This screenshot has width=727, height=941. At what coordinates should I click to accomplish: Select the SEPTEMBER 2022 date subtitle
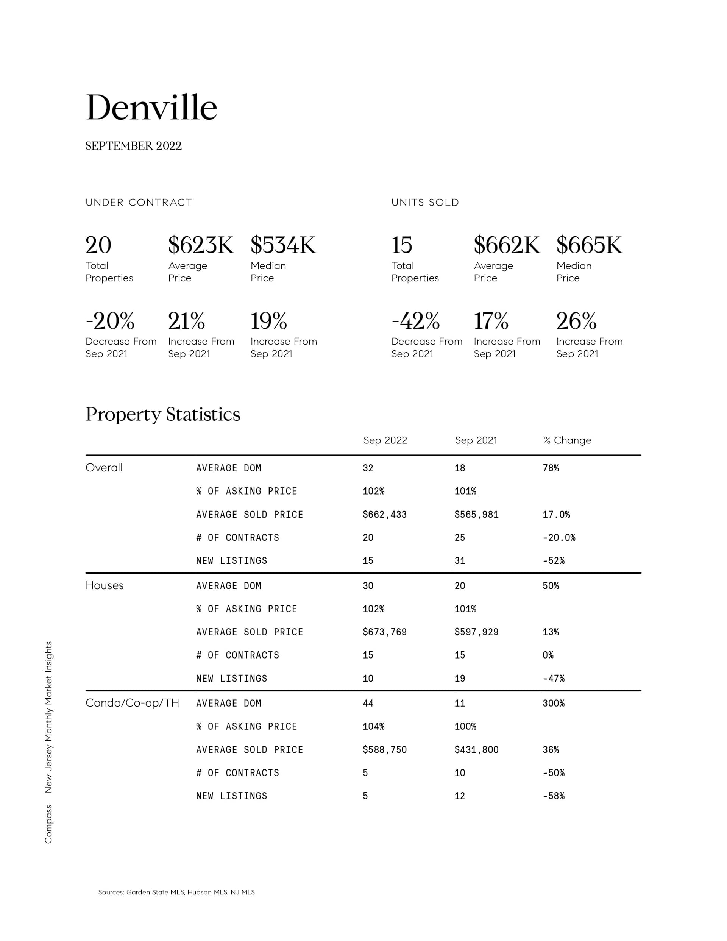click(x=134, y=146)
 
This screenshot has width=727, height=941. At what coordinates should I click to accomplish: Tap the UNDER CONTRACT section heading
click(x=139, y=203)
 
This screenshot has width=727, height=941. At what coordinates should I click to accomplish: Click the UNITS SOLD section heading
click(x=425, y=203)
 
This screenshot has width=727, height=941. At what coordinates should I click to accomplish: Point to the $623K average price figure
click(x=201, y=245)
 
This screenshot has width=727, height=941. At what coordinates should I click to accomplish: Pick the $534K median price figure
click(x=283, y=245)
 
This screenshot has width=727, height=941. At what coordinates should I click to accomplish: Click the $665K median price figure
click(x=589, y=245)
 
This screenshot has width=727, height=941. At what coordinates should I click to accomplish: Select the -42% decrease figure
click(x=415, y=321)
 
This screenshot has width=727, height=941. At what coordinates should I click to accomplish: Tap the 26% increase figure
click(x=576, y=321)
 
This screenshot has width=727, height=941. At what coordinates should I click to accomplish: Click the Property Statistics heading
click(x=163, y=414)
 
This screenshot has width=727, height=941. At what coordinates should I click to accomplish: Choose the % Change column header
click(x=567, y=440)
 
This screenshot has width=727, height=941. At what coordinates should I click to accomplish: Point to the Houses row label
click(x=104, y=585)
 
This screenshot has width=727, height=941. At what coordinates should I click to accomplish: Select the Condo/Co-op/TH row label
click(x=132, y=703)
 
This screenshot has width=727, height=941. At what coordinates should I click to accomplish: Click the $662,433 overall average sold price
click(x=384, y=515)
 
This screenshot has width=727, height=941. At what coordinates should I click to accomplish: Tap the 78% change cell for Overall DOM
click(x=551, y=468)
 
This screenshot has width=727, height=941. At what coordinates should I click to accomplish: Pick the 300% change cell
click(x=553, y=703)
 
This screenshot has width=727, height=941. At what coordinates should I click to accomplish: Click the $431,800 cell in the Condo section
click(x=476, y=750)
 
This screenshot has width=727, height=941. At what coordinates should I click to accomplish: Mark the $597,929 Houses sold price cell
click(x=476, y=632)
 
